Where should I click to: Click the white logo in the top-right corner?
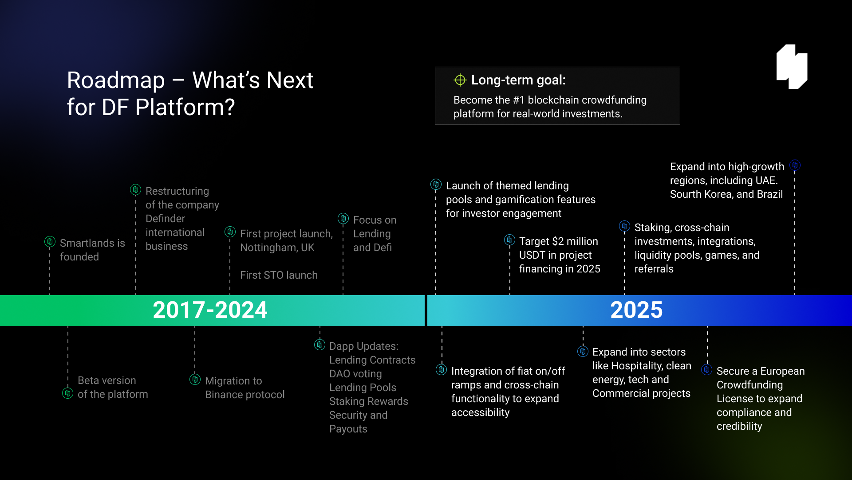792,67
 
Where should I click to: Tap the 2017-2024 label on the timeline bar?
210,310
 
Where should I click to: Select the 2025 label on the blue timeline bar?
636,310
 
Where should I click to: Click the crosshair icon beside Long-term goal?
460,80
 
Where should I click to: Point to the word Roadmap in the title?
116,80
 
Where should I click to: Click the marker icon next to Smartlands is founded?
50,241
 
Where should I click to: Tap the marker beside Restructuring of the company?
135,190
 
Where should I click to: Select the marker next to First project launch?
230,232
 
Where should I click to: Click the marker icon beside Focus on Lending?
343,218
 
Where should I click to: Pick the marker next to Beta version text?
67,393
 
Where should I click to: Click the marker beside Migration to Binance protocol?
195,379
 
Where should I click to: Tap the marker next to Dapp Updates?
319,344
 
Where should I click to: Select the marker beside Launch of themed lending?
436,184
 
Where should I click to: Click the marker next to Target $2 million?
509,240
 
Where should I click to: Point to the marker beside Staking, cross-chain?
624,226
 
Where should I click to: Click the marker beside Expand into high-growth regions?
795,165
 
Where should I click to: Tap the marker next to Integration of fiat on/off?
441,369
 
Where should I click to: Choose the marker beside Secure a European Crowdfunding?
706,369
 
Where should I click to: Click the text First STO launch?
279,275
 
